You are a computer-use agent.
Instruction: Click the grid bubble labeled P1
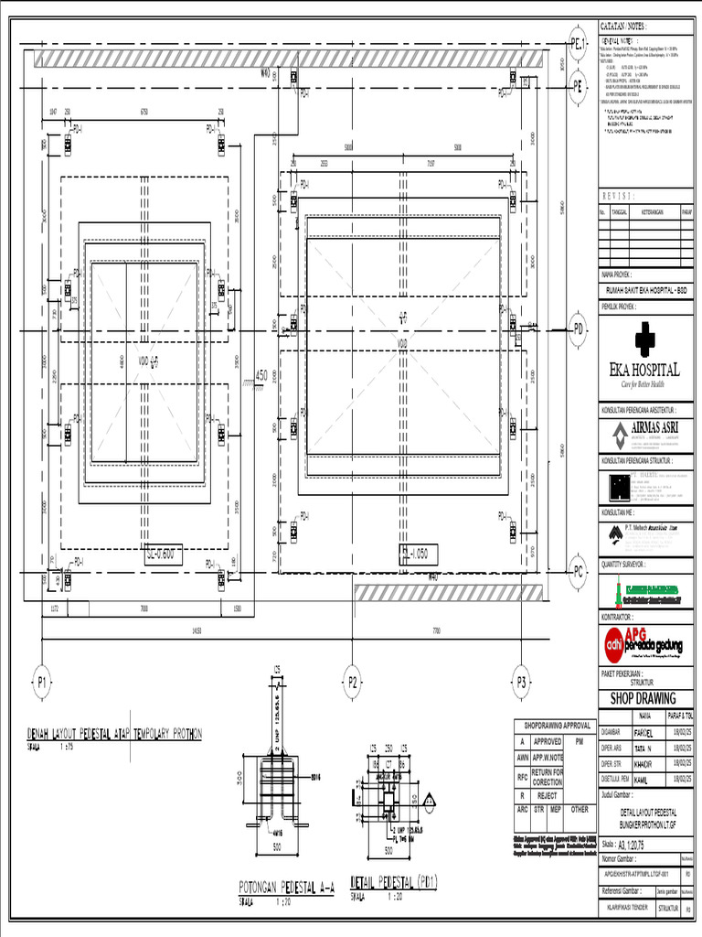pos(41,681)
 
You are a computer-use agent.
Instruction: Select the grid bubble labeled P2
pos(353,681)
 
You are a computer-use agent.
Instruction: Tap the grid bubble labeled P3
pos(521,681)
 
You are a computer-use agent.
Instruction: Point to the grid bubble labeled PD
pos(578,327)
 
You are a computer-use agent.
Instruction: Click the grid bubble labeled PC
pos(578,572)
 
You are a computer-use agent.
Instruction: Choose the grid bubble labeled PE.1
pos(578,44)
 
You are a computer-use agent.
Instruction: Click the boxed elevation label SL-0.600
pos(164,554)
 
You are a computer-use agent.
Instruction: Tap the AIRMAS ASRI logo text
pos(650,427)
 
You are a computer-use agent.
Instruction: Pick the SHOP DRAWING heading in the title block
pos(643,698)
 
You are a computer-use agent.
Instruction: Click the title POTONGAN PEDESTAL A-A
pos(286,886)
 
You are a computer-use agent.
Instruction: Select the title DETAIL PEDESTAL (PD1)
pos(394,882)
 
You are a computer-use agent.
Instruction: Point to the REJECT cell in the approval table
pos(548,796)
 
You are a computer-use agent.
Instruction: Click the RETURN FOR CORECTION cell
pos(548,777)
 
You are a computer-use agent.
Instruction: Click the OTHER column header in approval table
pos(580,810)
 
